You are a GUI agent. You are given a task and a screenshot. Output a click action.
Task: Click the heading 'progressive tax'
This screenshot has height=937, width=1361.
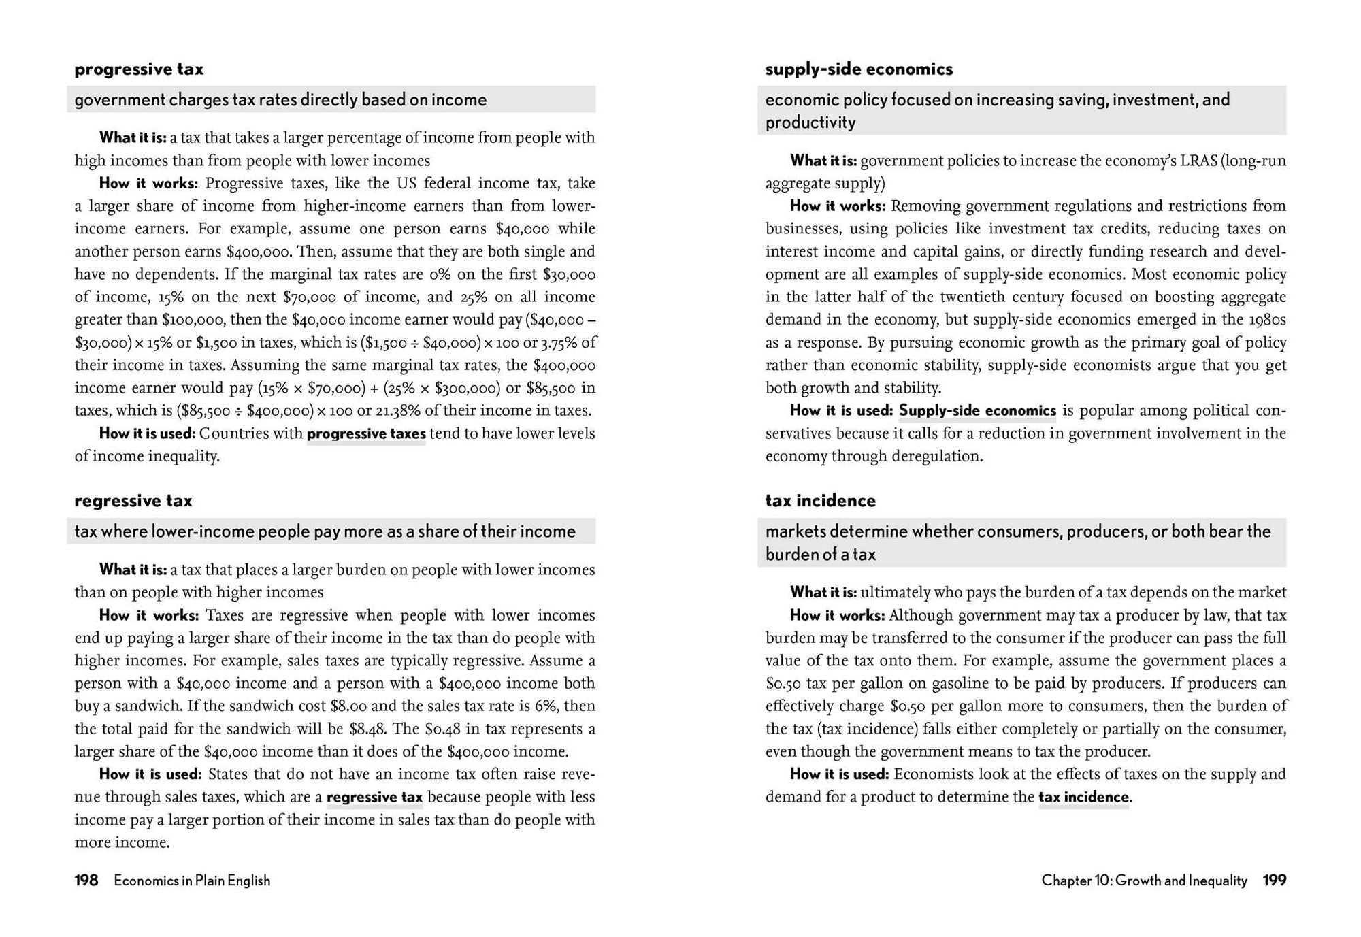pos(139,69)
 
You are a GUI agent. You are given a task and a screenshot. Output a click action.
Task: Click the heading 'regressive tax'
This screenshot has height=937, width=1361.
pos(133,501)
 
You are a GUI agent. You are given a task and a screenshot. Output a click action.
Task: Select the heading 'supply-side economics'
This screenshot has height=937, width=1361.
pos(859,69)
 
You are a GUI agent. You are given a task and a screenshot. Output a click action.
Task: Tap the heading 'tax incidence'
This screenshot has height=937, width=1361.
pos(820,501)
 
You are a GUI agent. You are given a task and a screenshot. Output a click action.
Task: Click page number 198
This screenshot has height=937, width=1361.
pos(86,881)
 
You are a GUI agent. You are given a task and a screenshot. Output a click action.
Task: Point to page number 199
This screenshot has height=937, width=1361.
pos(1274,881)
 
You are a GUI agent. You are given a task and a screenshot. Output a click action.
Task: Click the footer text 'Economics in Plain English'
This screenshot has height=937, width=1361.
pos(192,881)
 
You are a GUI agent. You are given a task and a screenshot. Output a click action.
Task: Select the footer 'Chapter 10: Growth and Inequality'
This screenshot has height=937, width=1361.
pos(1144,881)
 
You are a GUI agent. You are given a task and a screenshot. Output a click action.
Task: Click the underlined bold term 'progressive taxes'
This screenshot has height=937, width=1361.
pos(366,434)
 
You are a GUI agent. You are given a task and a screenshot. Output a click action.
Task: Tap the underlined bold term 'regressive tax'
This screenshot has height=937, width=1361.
pos(374,798)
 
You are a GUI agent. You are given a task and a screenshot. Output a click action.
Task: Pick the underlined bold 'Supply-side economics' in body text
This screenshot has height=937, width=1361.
pos(977,411)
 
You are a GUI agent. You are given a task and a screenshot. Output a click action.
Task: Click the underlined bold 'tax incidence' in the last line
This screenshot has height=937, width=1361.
pos(1083,798)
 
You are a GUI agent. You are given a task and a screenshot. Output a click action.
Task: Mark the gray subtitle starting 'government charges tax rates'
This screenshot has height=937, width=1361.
pos(280,100)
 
